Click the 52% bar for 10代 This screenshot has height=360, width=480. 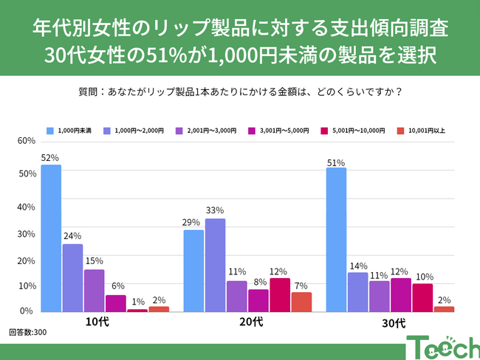[x=51, y=238]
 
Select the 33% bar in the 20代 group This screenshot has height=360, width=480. [x=215, y=265]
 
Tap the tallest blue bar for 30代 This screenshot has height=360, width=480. [x=336, y=240]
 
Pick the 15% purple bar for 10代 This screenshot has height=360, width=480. [x=94, y=291]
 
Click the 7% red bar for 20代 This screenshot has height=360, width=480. [x=301, y=302]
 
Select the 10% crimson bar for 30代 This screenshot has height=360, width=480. [x=422, y=298]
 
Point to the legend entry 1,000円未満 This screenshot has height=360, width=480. [x=69, y=131]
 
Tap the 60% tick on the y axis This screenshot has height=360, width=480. [x=27, y=141]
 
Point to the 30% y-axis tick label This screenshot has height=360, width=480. [x=27, y=234]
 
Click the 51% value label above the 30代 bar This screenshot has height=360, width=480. [x=336, y=162]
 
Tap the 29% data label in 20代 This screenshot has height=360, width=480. [x=193, y=223]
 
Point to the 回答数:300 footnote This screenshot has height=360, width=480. [x=28, y=333]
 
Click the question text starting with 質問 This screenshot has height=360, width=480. [x=239, y=92]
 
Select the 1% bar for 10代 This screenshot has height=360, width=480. [x=137, y=311]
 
